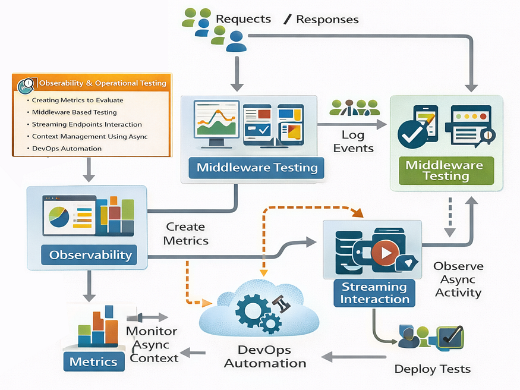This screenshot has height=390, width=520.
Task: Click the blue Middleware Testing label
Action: (x=257, y=168)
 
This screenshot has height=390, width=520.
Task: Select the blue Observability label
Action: (x=90, y=255)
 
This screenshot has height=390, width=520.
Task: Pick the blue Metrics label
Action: (x=93, y=361)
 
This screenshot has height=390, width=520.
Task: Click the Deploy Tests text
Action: (x=432, y=369)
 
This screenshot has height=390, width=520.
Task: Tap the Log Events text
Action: (x=353, y=141)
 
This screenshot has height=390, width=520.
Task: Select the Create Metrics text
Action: (x=185, y=234)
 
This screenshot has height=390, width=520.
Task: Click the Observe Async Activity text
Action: (x=458, y=279)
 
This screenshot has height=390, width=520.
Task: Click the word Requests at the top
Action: (x=243, y=19)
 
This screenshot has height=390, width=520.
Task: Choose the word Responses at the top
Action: (x=327, y=20)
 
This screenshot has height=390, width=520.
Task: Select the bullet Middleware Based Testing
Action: (x=74, y=112)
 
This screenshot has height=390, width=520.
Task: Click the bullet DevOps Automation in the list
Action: (x=67, y=149)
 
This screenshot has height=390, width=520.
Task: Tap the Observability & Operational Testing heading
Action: (x=102, y=83)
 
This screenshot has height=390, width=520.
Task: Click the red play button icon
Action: (x=385, y=252)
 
